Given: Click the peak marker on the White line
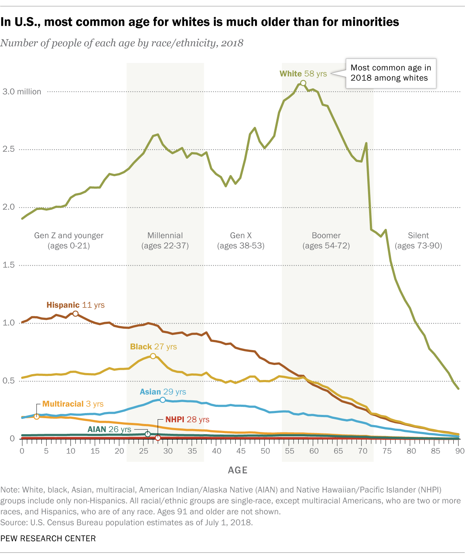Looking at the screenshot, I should pos(303,83).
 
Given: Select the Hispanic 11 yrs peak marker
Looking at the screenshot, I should pos(75,314).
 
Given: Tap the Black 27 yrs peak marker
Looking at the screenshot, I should pos(153,356).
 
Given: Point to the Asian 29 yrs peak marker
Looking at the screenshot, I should pos(163,400).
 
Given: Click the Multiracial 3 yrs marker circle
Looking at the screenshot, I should pos(36,417).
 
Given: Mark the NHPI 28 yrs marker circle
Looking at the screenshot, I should pos(158,438).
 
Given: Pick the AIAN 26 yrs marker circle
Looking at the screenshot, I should pos(148,434).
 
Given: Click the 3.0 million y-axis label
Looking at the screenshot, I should pos(22,92).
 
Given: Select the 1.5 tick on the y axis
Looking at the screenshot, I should pos(9,265).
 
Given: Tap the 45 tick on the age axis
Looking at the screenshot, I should pos(241,451).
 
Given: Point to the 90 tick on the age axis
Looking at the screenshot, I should pos(460,451).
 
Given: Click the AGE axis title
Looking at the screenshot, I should pos(238,470).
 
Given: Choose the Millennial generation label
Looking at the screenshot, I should pos(165,241).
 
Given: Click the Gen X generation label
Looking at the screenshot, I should pos(241,241).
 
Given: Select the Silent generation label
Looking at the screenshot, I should pos(418,241).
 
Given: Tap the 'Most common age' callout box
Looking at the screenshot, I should pos(390,73).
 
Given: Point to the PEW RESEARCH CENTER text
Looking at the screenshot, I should pos(48,539).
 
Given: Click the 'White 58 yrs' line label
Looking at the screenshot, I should pos(303,74).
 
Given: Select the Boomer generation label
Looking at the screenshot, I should pos(326,241).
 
